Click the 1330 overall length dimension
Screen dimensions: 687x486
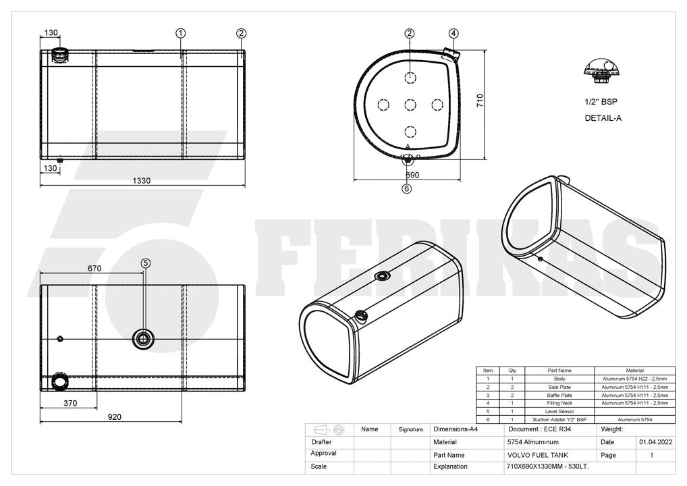click(x=142, y=180)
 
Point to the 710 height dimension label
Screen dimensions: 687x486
click(x=480, y=101)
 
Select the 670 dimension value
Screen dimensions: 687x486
click(x=94, y=268)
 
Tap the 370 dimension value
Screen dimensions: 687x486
click(x=70, y=403)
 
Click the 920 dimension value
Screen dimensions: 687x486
click(x=114, y=416)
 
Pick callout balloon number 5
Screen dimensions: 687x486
click(x=146, y=263)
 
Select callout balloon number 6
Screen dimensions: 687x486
click(x=407, y=188)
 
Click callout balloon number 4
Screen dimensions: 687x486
click(x=454, y=33)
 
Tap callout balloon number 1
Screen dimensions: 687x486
click(x=180, y=33)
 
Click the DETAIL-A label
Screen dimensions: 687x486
click(x=603, y=118)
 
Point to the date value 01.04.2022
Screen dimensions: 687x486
click(x=655, y=442)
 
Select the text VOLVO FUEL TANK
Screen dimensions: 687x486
click(x=538, y=455)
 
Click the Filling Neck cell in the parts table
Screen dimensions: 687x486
click(x=559, y=403)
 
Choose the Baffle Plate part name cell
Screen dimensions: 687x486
click(x=559, y=396)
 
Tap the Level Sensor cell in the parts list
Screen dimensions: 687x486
click(x=559, y=412)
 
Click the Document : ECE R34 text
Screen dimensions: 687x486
click(x=539, y=429)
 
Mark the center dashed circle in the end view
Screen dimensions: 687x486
click(x=410, y=105)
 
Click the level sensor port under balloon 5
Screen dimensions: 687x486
click(x=143, y=338)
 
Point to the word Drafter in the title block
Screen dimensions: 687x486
click(x=322, y=442)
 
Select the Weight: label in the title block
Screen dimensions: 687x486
click(x=611, y=429)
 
